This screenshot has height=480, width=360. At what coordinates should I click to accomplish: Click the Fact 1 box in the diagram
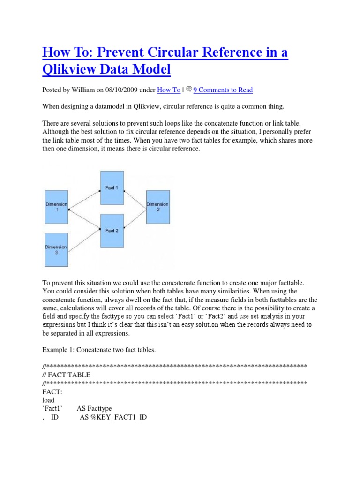(x=112, y=187)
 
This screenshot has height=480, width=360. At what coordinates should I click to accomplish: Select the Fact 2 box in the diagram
(x=112, y=230)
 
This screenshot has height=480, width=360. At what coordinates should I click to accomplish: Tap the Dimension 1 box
(x=56, y=207)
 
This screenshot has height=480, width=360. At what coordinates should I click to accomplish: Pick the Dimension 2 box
(x=157, y=207)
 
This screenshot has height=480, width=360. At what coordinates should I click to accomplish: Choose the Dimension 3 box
(x=56, y=250)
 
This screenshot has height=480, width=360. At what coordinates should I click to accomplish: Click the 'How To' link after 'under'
(x=168, y=90)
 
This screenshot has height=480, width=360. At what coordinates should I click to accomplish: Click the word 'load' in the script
(x=48, y=400)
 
